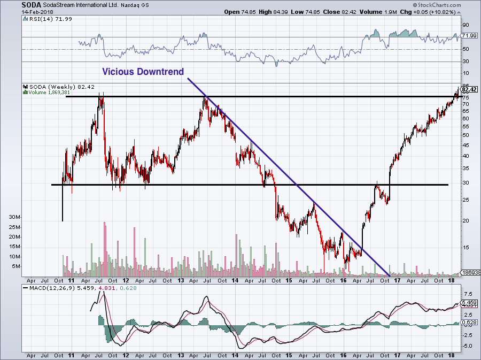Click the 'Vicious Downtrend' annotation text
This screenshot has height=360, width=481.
143,72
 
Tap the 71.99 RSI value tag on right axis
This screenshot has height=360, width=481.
469,35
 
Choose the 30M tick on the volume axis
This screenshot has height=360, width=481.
14,218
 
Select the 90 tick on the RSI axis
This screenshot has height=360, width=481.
466,25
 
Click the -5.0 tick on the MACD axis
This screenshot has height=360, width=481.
467,346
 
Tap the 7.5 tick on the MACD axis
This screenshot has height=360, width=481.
467,294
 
